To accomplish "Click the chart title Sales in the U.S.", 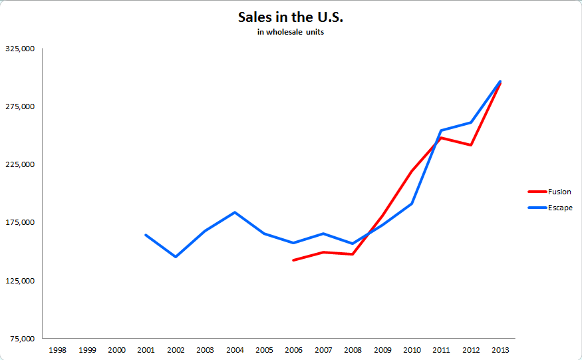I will point(291,17).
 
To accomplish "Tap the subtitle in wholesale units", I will point(291,33).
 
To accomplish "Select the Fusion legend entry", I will point(559,192).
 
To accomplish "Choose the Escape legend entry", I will point(559,208).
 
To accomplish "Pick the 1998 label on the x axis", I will point(57,349).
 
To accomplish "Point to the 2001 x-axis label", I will point(146,349).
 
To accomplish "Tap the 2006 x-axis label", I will point(293,349).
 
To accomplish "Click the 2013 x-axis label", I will point(500,349).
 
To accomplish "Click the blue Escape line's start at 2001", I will point(146,235).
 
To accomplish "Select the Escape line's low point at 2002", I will point(176,257).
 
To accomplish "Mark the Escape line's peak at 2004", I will point(235,212).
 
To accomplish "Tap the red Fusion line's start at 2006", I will point(293,260).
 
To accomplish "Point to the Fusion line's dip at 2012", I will point(471,145).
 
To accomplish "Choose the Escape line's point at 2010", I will point(412,204).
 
